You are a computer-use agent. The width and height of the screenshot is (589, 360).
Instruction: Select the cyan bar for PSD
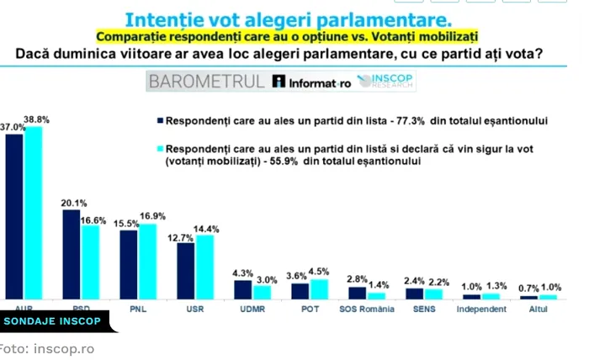(89, 262)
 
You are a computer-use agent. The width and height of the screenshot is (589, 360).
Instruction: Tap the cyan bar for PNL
(147, 261)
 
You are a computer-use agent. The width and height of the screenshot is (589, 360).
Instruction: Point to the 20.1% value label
(74, 203)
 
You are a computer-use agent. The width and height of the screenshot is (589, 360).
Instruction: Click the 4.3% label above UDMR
(242, 273)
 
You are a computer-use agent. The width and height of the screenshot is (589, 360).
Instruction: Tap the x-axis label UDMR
(252, 309)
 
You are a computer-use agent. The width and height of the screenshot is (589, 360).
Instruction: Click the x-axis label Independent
(482, 309)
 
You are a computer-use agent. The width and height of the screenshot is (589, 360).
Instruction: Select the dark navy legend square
(158, 120)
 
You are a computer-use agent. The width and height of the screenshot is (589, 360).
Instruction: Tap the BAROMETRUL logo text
(205, 82)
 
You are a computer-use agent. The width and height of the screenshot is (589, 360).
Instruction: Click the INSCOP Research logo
(389, 81)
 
